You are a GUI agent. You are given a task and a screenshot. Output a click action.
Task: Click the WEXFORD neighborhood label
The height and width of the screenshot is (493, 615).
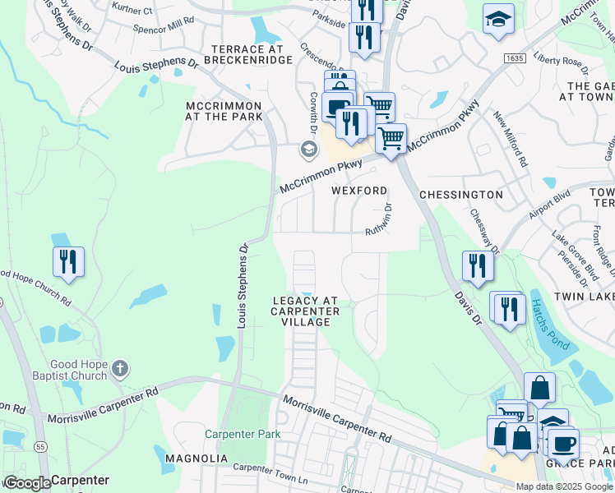358,191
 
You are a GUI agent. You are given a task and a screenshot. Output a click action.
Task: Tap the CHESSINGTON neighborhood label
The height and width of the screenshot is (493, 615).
460,195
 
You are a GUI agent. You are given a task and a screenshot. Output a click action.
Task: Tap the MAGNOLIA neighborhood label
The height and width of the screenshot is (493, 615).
196,458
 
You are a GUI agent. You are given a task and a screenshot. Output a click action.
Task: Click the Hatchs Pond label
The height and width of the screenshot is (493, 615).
548,325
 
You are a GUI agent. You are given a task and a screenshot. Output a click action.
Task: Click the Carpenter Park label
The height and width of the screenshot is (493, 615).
243,434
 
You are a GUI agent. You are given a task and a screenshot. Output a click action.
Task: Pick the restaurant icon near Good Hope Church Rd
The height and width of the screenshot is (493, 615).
68,261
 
